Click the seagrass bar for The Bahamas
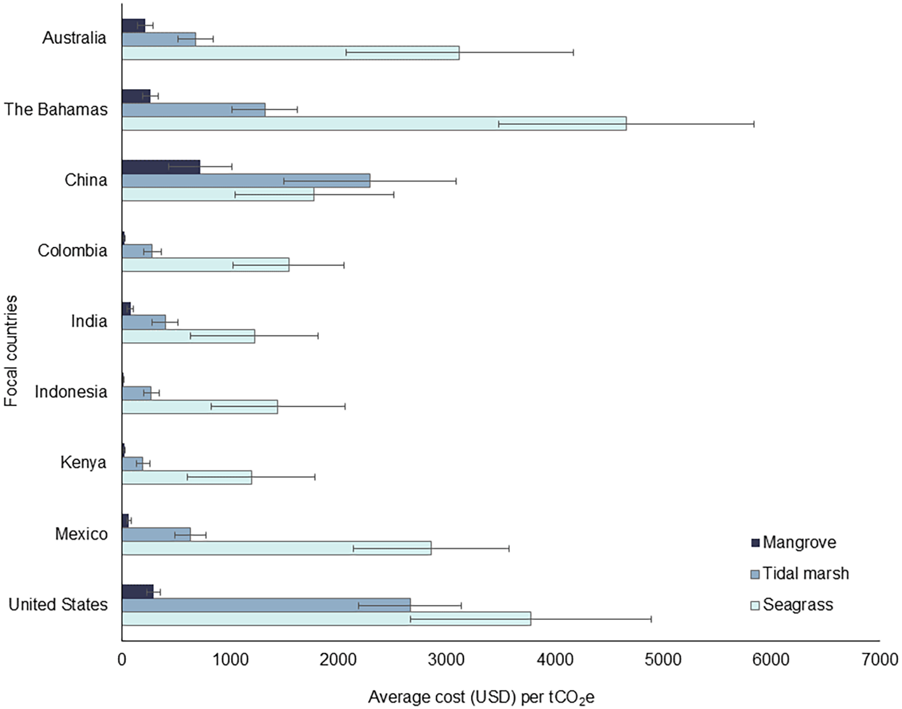coord(374,123)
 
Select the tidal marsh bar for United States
coord(266,605)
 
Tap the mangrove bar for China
coord(161,167)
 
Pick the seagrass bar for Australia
coord(290,53)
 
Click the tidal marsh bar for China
coord(246,181)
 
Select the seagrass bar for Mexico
coord(276,548)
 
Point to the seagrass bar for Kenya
coord(187,477)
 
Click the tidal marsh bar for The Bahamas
coord(194,109)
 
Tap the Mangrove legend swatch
coord(756,543)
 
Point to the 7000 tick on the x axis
coord(879,660)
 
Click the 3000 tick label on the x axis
coord(446,660)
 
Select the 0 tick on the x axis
coord(122,660)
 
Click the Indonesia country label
coord(71,391)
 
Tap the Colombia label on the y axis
coord(72,251)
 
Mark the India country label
coord(88,321)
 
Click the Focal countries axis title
coord(11,351)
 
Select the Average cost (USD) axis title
coord(481,698)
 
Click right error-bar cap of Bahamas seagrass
coord(754,123)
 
